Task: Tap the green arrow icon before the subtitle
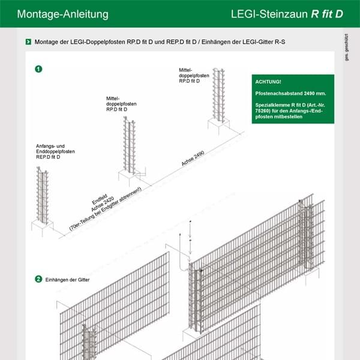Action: tap(28, 42)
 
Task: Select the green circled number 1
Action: tap(38, 69)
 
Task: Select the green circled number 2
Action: tap(38, 279)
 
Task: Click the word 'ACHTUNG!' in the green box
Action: tap(268, 81)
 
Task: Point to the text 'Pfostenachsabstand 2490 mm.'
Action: tap(290, 93)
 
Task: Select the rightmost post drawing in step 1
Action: tap(218, 96)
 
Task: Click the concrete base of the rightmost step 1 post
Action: tap(218, 125)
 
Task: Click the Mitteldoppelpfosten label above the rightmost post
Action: tap(194, 75)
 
